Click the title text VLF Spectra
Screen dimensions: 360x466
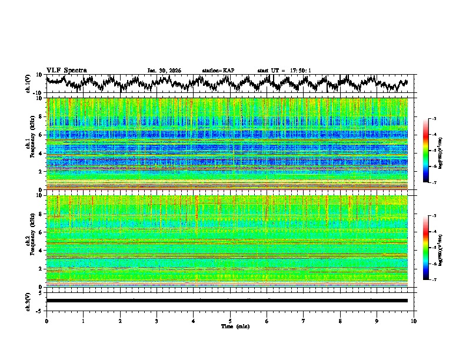click(66, 70)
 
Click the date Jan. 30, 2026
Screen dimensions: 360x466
click(164, 71)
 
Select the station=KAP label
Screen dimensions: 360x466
click(218, 71)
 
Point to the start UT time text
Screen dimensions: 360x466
click(284, 71)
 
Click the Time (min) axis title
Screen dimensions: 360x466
click(235, 326)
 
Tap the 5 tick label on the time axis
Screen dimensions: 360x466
click(230, 321)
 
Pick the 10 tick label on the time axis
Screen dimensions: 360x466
click(414, 321)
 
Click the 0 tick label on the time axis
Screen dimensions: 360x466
click(46, 321)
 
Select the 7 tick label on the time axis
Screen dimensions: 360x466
click(304, 321)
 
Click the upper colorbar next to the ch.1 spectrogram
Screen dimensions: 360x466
click(426, 151)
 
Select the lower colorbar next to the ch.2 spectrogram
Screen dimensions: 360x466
click(426, 248)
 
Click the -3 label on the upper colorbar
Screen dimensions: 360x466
click(434, 119)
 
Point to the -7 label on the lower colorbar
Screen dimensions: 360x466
click(434, 280)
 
